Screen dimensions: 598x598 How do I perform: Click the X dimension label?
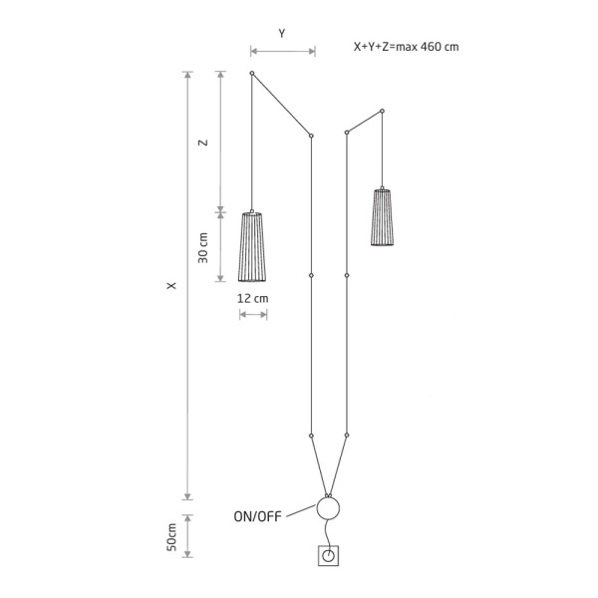(x=172, y=286)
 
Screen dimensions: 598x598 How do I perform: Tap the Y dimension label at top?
(x=282, y=33)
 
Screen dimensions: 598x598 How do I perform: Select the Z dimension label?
(x=203, y=143)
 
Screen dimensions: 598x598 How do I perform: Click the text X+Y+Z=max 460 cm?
(x=406, y=46)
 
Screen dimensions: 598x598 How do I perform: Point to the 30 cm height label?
(x=203, y=247)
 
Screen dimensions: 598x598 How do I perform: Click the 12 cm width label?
(x=254, y=298)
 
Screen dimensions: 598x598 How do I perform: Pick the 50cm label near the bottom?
(x=171, y=538)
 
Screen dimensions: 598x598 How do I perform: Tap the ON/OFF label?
(x=257, y=516)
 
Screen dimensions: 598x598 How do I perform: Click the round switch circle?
(x=328, y=509)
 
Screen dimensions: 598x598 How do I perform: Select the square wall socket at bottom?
(x=327, y=557)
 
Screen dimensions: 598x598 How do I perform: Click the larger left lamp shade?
(x=253, y=246)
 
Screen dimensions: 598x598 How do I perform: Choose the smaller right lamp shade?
(x=382, y=216)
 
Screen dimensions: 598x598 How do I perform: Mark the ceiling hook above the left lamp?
(x=252, y=74)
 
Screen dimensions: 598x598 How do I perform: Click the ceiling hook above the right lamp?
(x=382, y=111)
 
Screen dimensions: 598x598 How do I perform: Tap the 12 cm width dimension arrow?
(x=253, y=315)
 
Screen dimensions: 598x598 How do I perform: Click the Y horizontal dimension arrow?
(x=283, y=50)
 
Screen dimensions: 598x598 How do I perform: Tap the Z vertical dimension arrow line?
(x=221, y=141)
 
